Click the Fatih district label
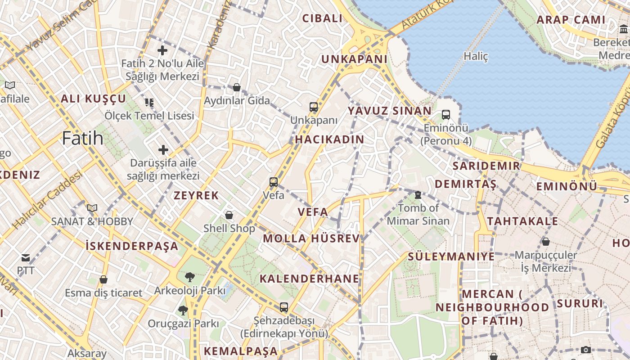[83, 138]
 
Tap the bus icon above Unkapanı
[314, 107]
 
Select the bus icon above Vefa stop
[274, 182]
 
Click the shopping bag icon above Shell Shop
[229, 215]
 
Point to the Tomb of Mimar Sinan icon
[418, 195]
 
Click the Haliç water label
[476, 56]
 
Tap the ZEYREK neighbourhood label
[196, 195]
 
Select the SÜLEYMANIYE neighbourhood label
[451, 256]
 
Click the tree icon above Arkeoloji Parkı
[189, 277]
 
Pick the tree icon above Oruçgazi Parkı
[183, 310]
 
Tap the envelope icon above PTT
[26, 258]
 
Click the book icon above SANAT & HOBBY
[92, 208]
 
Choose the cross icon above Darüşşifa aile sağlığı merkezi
[163, 149]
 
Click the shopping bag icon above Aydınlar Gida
[237, 87]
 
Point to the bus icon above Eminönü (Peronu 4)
[446, 115]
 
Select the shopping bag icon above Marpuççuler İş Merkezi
[545, 242]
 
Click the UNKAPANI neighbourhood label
[354, 59]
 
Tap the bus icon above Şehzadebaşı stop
[283, 307]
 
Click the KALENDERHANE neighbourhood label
[310, 279]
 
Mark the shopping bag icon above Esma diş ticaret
[103, 279]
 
